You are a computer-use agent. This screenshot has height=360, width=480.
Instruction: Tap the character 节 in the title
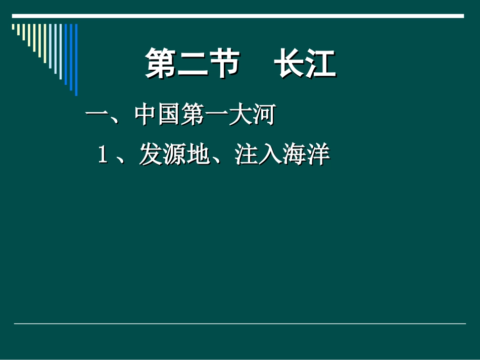[223, 64]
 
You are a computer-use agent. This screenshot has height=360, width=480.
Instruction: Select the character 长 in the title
[290, 64]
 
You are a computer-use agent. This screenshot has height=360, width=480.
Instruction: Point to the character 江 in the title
[320, 64]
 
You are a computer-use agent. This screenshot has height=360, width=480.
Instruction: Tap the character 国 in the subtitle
[169, 116]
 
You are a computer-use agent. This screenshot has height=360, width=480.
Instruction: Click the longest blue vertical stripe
[76, 60]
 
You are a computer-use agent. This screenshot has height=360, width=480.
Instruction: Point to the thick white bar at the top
[237, 16]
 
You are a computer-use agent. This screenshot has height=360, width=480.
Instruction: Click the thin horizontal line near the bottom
[239, 324]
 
